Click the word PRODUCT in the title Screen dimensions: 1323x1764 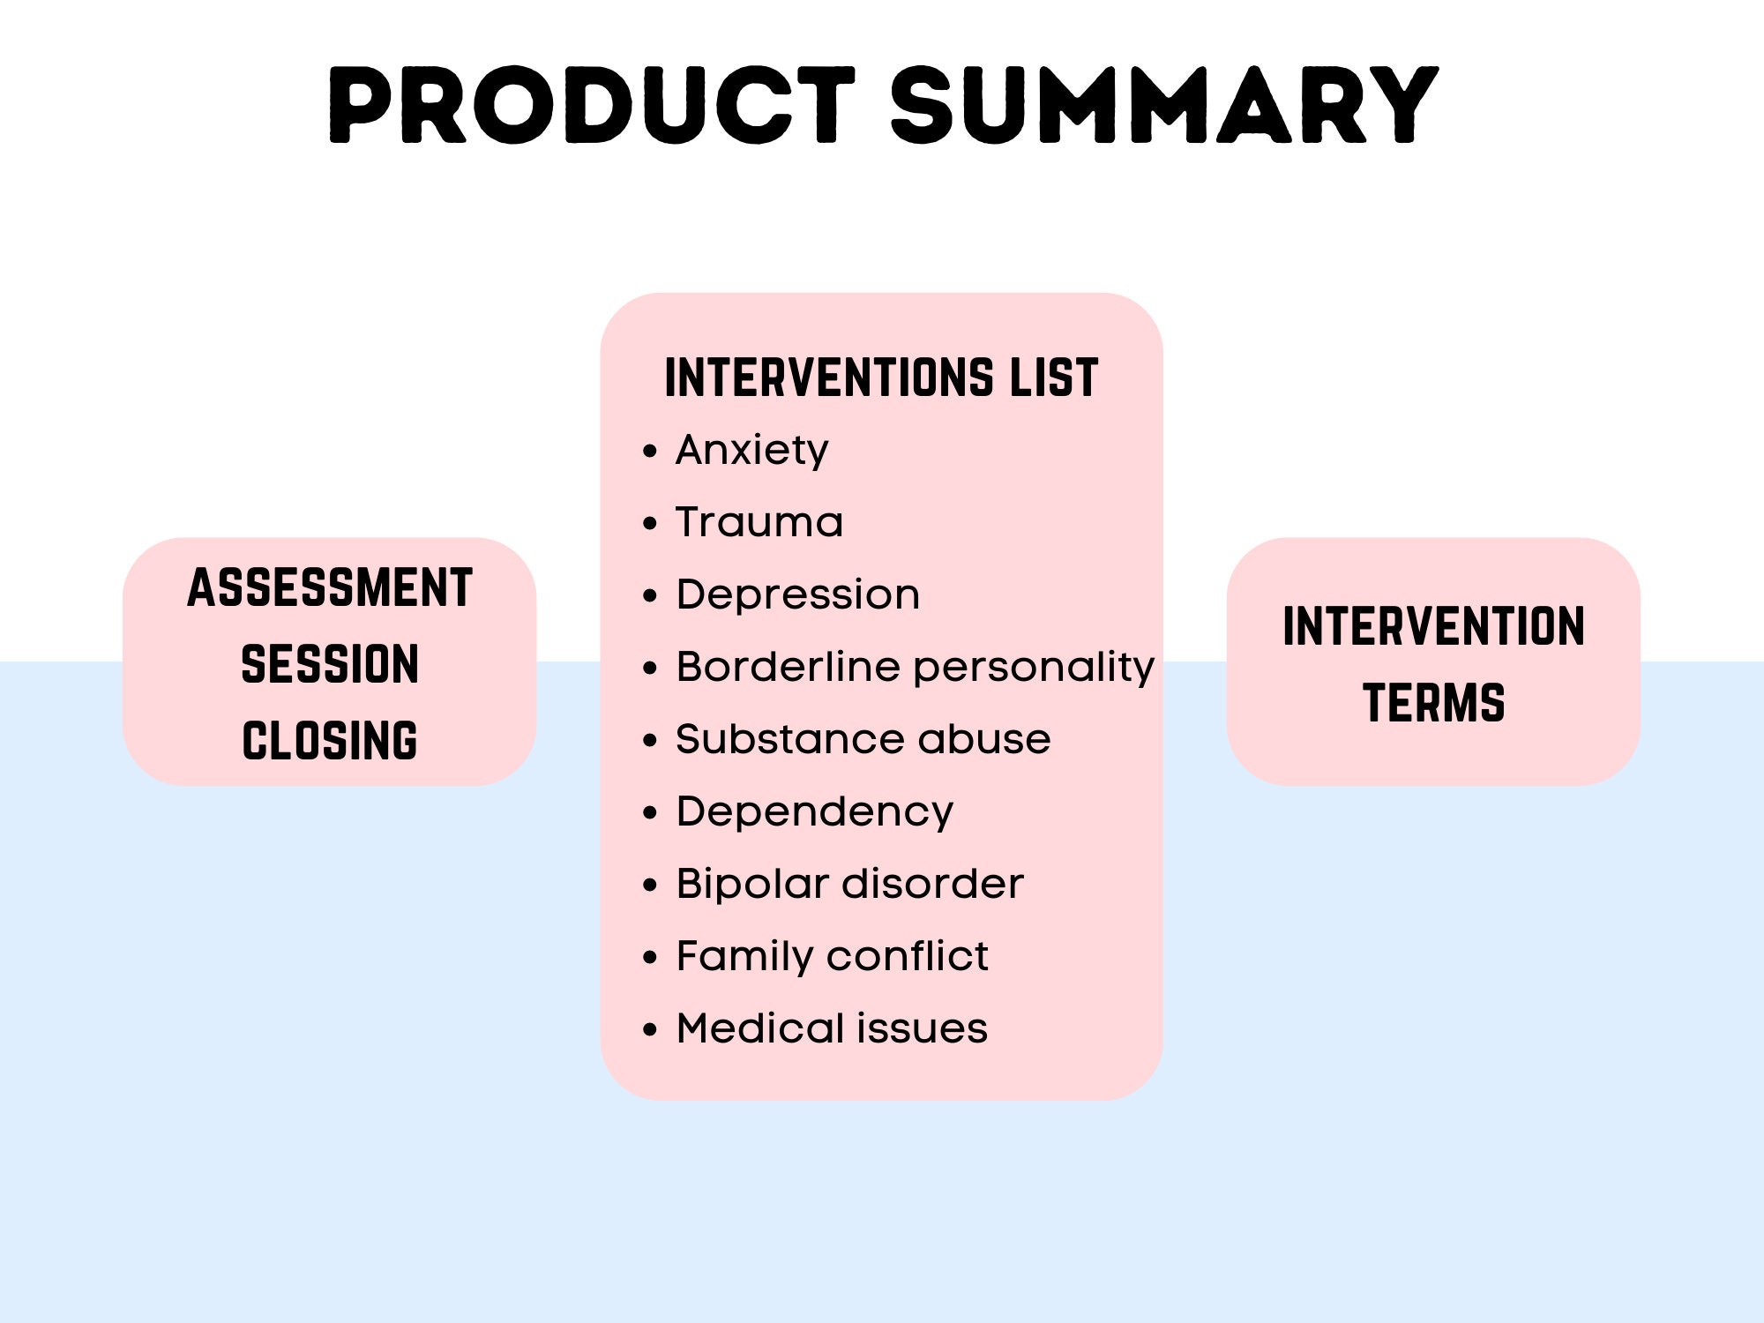(591, 106)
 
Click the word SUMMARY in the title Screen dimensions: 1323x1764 (1164, 106)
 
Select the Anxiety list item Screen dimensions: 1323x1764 (751, 451)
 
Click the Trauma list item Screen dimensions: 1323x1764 (759, 522)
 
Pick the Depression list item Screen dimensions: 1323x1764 (797, 594)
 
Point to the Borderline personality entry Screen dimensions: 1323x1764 (915, 667)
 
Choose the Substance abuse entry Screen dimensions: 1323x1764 (863, 739)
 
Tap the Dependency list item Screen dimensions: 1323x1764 (814, 811)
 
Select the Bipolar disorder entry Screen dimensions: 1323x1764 (849, 884)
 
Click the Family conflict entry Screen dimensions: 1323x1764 (832, 956)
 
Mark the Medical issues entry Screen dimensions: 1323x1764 (832, 1028)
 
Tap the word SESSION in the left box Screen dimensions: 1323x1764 (330, 664)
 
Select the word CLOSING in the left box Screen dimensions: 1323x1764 (330, 741)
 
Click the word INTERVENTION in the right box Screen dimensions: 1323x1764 (1433, 626)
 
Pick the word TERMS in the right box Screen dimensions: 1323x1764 (1433, 703)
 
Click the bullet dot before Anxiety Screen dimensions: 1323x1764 (650, 452)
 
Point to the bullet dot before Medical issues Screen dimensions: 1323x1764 (650, 1029)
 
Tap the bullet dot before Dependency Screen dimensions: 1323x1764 (650, 812)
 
